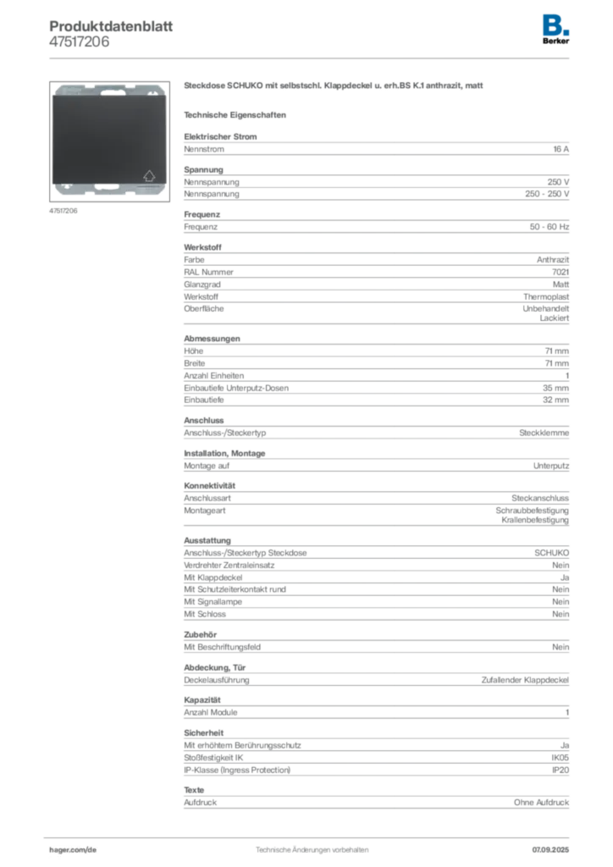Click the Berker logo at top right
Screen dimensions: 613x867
click(555, 30)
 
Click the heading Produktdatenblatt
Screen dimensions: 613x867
click(111, 26)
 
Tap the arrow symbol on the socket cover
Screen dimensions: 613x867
click(149, 176)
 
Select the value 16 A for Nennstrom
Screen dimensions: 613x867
click(561, 149)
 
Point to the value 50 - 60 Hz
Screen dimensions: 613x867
click(549, 227)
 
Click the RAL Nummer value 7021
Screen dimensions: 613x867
click(560, 272)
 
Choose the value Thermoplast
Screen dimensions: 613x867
click(545, 297)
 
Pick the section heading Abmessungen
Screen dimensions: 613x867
click(212, 339)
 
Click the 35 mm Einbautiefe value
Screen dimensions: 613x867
click(555, 388)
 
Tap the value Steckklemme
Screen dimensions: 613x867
click(544, 433)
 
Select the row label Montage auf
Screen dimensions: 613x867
click(207, 467)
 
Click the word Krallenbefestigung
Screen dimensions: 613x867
click(534, 521)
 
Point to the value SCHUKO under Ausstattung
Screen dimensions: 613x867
click(551, 553)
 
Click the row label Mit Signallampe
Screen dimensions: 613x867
click(213, 602)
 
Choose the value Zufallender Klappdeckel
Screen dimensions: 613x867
click(525, 680)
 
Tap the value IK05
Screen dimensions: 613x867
click(560, 758)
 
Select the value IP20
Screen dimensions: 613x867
click(560, 770)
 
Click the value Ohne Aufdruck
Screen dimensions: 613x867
click(541, 803)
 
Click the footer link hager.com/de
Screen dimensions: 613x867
click(73, 850)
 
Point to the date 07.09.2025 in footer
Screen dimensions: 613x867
click(550, 850)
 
